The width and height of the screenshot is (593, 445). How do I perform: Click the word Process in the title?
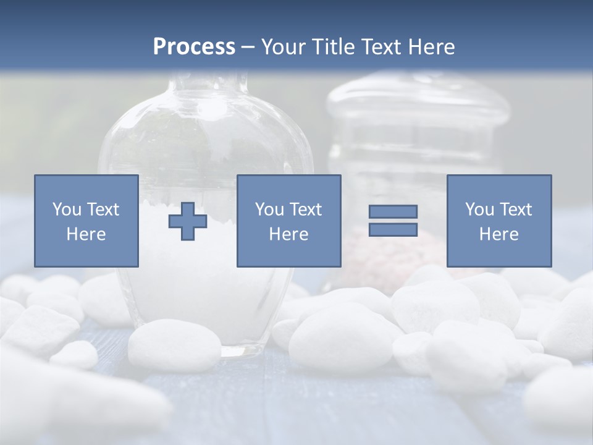point(194,47)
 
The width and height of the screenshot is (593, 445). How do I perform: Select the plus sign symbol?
point(188,221)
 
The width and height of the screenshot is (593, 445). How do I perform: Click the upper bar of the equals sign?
point(393,211)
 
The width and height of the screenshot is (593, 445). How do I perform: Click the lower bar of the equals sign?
point(393,229)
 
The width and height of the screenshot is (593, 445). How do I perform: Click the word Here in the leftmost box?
point(86,234)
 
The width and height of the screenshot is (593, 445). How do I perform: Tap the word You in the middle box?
point(269,210)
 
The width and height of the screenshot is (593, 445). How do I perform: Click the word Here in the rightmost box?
point(498,234)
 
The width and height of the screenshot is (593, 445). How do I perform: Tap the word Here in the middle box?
point(288,234)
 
